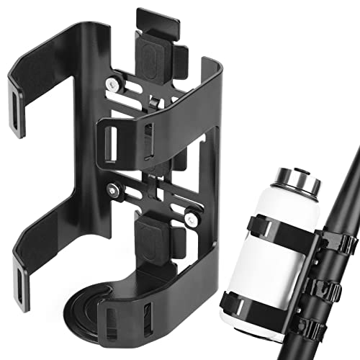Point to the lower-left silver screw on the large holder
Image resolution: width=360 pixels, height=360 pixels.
[x=114, y=189]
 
